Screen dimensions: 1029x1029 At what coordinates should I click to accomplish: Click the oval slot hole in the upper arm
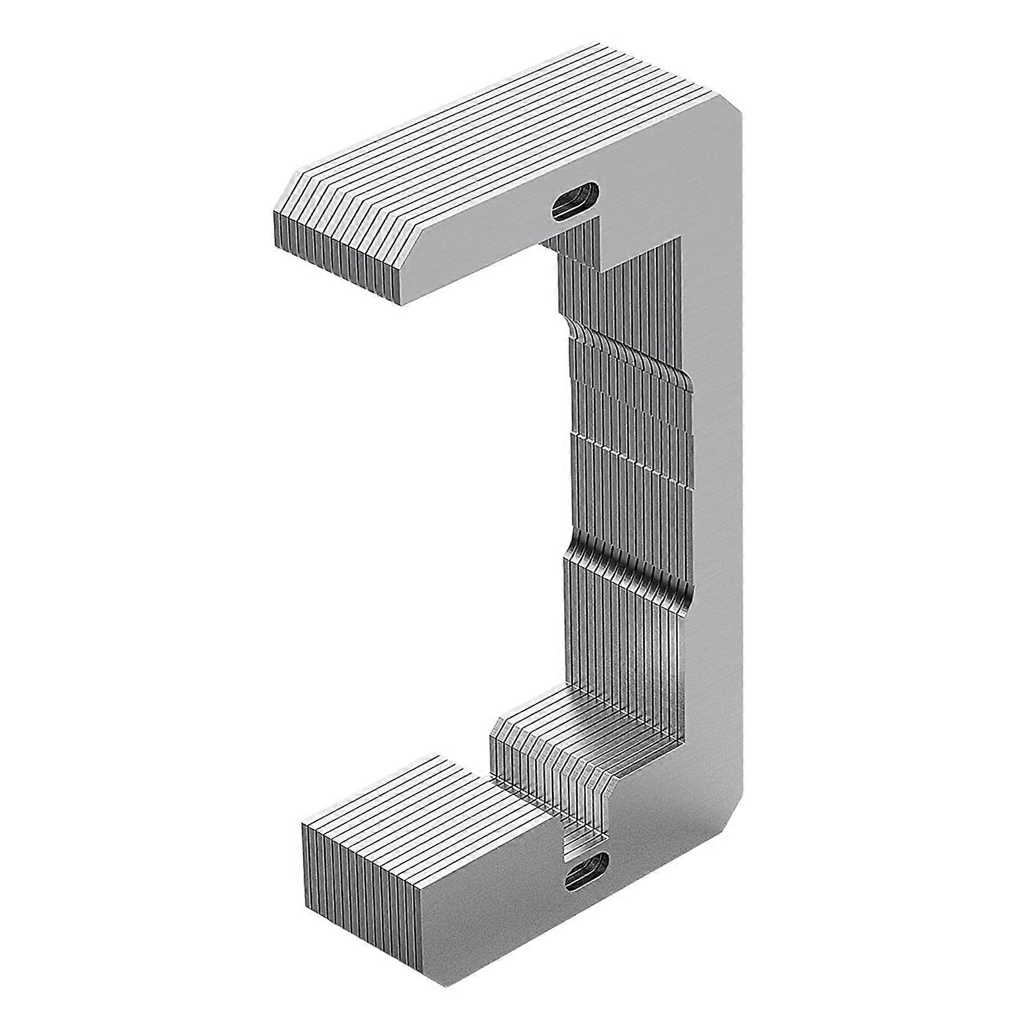click(x=575, y=201)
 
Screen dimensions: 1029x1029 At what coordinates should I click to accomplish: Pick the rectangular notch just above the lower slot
click(x=585, y=836)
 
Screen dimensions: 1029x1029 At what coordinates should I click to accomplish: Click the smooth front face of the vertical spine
click(x=714, y=482)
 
